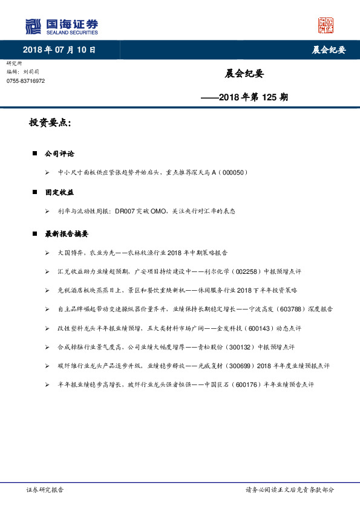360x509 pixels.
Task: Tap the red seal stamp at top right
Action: pyautogui.click(x=326, y=25)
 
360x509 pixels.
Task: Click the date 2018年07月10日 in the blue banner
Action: pyautogui.click(x=59, y=50)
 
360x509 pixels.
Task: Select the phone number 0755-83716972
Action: pyautogui.click(x=25, y=81)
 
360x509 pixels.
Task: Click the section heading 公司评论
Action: pyautogui.click(x=59, y=154)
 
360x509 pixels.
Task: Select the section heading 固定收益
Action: pyautogui.click(x=59, y=192)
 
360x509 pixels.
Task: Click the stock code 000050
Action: pyautogui.click(x=232, y=173)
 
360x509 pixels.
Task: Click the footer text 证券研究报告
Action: pyautogui.click(x=45, y=490)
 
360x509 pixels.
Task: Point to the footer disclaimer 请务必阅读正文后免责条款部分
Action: pyautogui.click(x=289, y=490)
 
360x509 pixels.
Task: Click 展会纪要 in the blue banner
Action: pyautogui.click(x=329, y=50)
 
